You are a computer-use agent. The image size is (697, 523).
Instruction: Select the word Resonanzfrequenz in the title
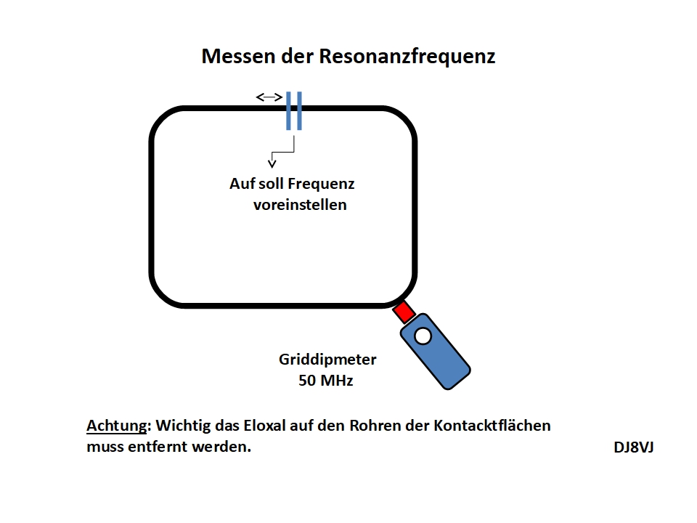(x=407, y=57)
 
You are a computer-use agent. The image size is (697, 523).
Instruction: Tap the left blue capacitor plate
(x=289, y=111)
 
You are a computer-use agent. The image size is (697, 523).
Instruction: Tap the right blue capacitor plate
(x=299, y=111)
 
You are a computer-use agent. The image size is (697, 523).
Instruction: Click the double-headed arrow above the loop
(x=269, y=97)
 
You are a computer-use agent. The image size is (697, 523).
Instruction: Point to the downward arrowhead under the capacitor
(x=272, y=162)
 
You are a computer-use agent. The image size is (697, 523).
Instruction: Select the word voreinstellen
(x=300, y=205)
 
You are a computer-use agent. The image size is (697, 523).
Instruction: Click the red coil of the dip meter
(x=403, y=312)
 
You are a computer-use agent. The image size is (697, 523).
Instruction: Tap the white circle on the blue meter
(x=422, y=336)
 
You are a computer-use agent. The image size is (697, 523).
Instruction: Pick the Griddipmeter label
(x=327, y=360)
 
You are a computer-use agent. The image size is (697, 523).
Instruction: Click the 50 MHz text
(x=326, y=380)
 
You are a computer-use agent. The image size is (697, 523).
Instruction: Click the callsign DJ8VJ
(x=634, y=447)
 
